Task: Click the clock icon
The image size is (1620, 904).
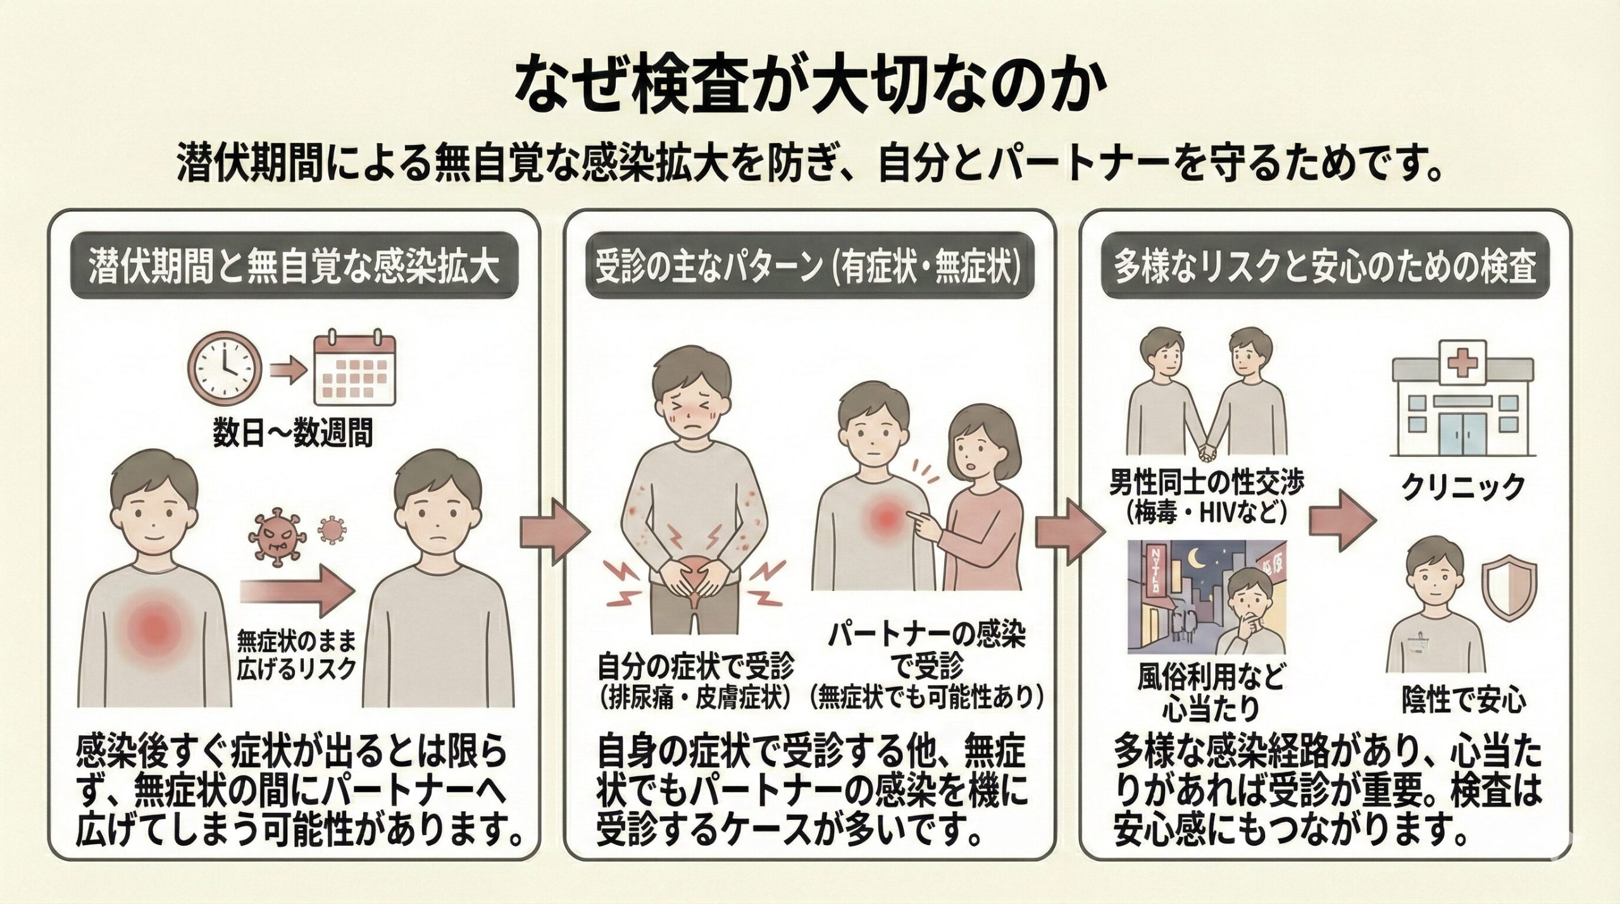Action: point(227,377)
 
